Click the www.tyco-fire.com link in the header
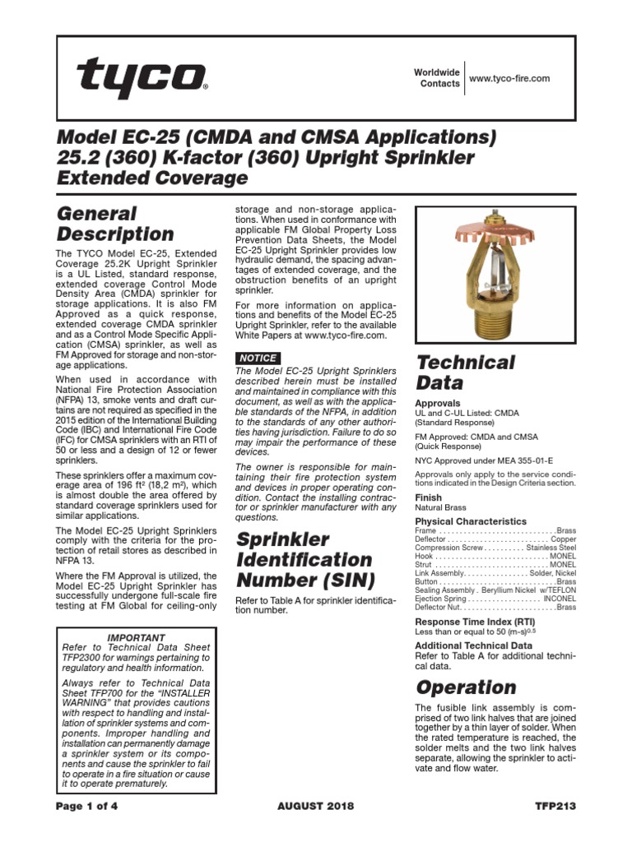tap(509, 78)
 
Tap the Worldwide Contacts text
tap(436, 78)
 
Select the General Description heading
tap(114, 224)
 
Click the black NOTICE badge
tap(258, 358)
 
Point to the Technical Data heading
tap(465, 372)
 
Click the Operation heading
tap(466, 687)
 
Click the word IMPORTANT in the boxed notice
tap(137, 637)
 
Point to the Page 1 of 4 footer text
tap(86, 806)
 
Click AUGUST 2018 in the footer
tap(316, 806)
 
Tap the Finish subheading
tap(428, 497)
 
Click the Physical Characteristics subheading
tap(471, 521)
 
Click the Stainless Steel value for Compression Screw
tap(551, 547)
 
